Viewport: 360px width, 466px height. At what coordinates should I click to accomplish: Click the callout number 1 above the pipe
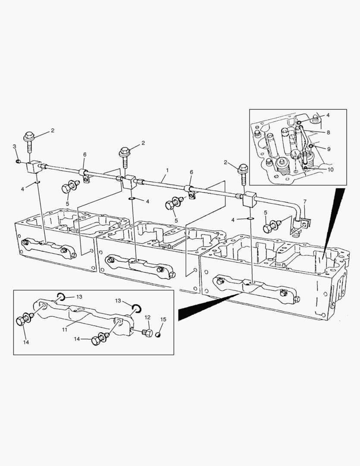click(167, 170)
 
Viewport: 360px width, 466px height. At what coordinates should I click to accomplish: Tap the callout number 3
click(14, 146)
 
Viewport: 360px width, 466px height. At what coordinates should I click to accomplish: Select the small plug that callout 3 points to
click(18, 161)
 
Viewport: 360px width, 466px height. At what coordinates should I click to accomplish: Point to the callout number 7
click(305, 202)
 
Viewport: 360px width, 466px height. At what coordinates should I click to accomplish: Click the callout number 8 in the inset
click(328, 132)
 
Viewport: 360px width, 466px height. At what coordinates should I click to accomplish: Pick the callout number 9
click(329, 149)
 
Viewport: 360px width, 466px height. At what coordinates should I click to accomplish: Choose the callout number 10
click(330, 170)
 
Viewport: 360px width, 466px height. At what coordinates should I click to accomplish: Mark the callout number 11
click(65, 329)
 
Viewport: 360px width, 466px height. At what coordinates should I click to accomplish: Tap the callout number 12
click(147, 318)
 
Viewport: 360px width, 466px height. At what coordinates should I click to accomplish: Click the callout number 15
click(163, 319)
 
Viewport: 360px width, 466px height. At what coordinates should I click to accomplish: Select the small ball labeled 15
click(158, 335)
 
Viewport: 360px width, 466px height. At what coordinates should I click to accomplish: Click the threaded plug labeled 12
click(147, 333)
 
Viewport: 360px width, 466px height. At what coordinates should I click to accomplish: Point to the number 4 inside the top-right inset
click(328, 115)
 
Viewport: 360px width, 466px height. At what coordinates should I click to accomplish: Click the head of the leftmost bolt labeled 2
click(29, 136)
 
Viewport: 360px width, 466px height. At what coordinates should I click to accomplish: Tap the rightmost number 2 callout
click(225, 163)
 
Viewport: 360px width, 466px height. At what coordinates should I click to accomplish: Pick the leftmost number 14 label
click(26, 342)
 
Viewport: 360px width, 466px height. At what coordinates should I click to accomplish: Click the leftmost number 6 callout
click(85, 154)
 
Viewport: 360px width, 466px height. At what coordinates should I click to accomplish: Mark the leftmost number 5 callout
click(67, 204)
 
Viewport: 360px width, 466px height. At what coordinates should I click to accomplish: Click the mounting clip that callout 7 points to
click(306, 221)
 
